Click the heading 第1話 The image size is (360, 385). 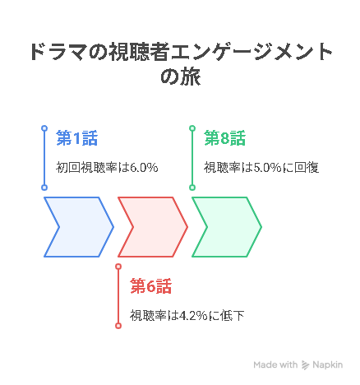pos(77,138)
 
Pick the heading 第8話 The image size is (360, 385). pos(225,138)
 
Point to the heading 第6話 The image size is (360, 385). pos(151,286)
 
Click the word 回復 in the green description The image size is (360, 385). pos(307,167)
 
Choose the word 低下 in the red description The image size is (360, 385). pos(232,316)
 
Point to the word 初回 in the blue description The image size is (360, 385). pos(68,167)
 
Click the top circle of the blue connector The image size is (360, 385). pos(44,128)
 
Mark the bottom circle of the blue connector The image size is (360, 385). pos(44,188)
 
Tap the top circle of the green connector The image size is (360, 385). pos(192,128)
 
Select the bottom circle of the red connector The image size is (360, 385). pos(118,326)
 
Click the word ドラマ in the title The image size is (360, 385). pos(58,52)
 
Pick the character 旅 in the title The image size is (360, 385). pos(191,77)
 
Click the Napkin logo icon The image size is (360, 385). pos(305,365)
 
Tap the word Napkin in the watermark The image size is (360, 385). pos(328,365)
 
